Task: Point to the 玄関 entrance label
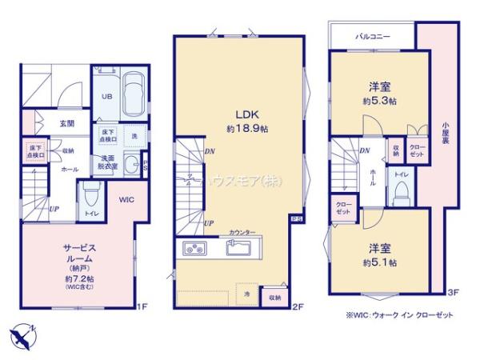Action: (66, 123)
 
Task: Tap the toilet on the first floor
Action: (90, 194)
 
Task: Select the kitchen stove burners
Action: (195, 246)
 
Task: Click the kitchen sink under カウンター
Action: (238, 247)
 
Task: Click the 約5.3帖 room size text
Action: (380, 102)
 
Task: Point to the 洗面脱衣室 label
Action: (109, 162)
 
